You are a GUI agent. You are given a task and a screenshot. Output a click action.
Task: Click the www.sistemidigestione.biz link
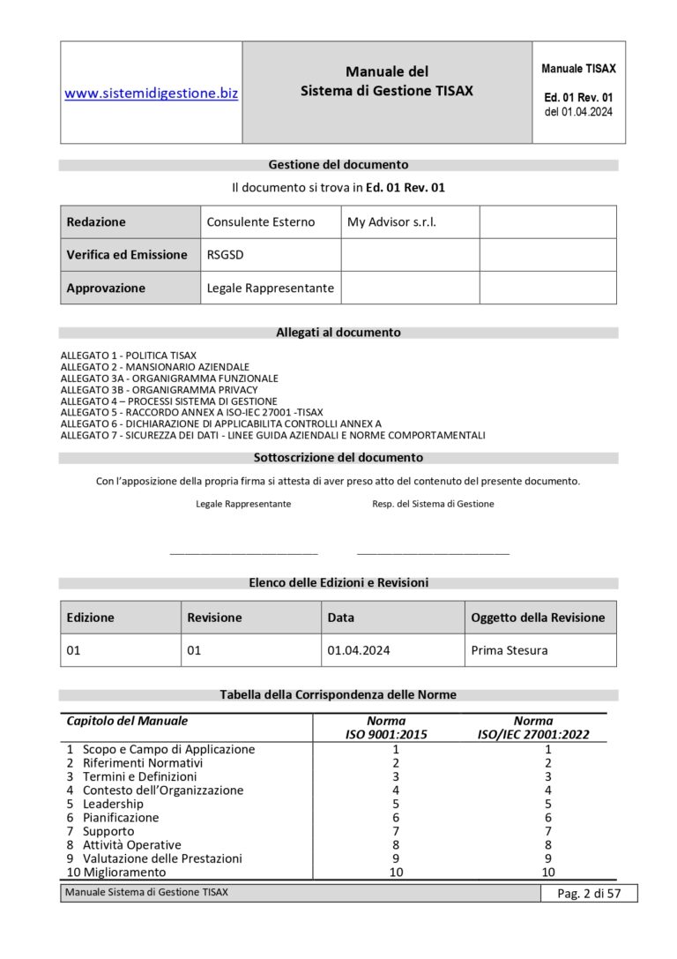(x=151, y=93)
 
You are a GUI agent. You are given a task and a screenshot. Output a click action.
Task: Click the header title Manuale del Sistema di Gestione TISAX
(x=387, y=81)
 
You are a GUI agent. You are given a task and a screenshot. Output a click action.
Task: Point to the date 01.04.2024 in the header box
(x=578, y=112)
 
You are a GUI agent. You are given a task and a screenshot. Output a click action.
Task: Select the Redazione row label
(x=96, y=222)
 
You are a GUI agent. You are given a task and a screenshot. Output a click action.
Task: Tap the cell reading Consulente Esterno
(x=260, y=222)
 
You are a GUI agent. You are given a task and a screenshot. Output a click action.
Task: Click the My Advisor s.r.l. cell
(x=391, y=222)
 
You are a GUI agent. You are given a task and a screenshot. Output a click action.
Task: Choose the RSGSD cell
(x=222, y=255)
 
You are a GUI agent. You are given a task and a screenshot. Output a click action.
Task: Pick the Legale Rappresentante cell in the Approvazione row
(x=270, y=288)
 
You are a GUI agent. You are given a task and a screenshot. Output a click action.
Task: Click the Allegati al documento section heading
(x=338, y=333)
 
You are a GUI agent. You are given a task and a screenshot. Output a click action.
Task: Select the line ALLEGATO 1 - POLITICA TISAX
(x=129, y=356)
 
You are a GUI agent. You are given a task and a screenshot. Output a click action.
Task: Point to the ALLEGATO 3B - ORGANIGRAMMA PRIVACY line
(x=160, y=390)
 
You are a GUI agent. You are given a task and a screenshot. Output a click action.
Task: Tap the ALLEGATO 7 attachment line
(x=272, y=436)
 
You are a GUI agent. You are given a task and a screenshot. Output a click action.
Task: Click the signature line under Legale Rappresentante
(x=243, y=553)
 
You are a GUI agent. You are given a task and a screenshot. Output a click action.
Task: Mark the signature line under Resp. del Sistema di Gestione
(x=433, y=553)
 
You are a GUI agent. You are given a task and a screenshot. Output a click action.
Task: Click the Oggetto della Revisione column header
(x=538, y=618)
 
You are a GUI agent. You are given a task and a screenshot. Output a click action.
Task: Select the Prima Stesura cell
(x=510, y=650)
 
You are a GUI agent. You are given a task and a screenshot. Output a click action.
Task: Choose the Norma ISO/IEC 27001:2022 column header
(x=533, y=727)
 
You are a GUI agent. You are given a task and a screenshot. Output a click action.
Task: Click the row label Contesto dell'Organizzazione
(x=162, y=790)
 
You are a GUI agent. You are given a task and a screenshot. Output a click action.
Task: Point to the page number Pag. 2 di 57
(x=589, y=894)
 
